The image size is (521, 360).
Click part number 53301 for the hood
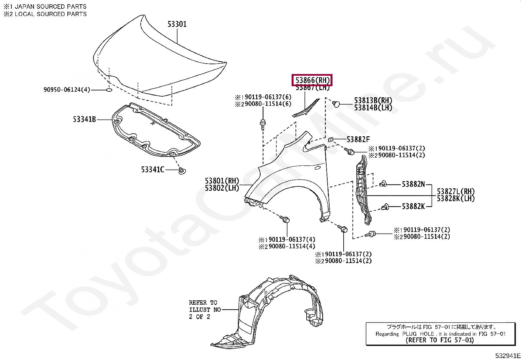177,24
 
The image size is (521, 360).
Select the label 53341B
84,120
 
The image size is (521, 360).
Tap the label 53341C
153,170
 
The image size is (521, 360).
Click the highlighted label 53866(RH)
312,80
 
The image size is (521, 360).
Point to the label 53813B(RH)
373,101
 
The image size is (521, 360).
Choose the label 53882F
358,140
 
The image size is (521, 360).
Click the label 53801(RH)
222,181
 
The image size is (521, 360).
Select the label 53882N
413,184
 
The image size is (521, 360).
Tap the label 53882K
413,206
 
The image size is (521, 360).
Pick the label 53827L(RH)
456,191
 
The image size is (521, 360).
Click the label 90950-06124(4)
67,90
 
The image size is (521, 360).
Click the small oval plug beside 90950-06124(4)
109,90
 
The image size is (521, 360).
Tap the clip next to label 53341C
183,171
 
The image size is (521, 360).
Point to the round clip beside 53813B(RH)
336,104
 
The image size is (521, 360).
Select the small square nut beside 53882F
331,140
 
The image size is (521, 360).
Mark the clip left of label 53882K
385,207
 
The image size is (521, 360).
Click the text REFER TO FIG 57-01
440,340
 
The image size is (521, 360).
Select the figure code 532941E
507,356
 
